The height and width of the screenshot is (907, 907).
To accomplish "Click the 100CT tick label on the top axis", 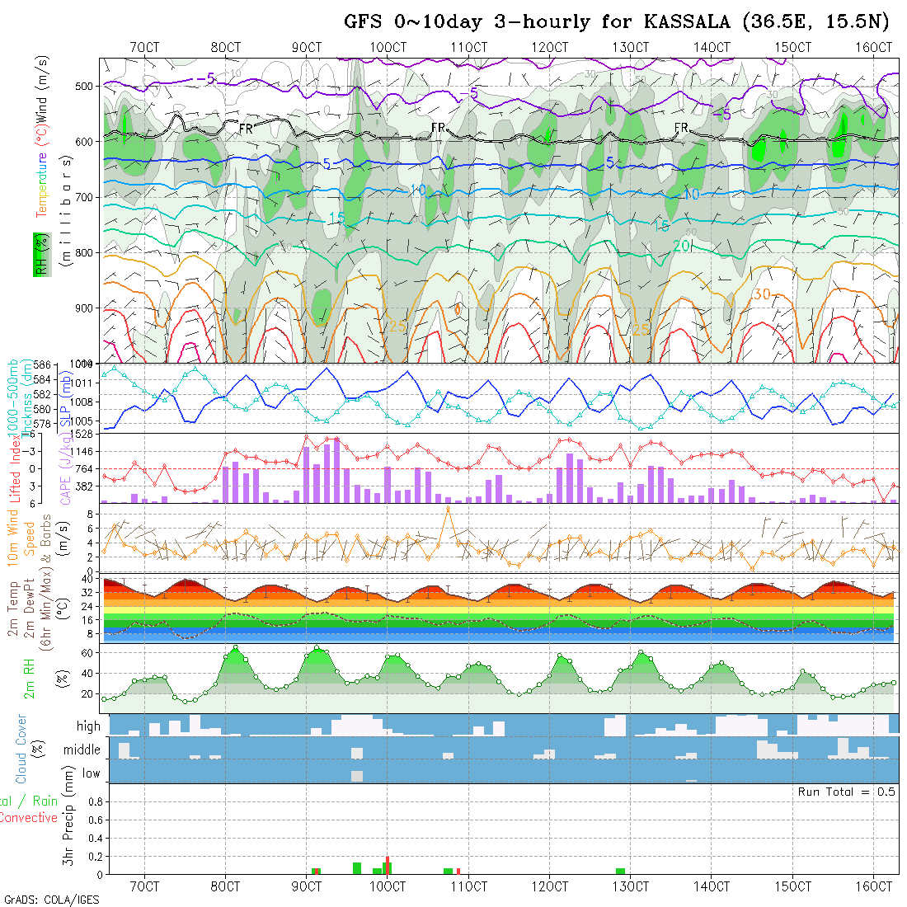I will click(x=388, y=47).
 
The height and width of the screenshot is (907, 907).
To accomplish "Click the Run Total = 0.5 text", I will click(x=846, y=792).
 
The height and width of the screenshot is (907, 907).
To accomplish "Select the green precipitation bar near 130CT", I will click(x=620, y=871).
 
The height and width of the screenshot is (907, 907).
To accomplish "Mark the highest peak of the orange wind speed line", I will click(x=448, y=508).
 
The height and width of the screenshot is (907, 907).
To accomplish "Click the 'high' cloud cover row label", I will click(x=88, y=726).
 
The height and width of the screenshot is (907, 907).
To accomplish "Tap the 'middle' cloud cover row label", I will click(x=82, y=750).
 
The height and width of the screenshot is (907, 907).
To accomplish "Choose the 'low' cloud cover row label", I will click(x=91, y=773).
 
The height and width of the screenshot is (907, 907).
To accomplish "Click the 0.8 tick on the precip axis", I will click(x=94, y=801).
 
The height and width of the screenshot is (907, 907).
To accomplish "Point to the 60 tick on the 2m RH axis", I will click(x=94, y=652).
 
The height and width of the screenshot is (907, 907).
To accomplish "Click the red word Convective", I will click(x=28, y=818).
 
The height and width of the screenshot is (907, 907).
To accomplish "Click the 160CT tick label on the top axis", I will click(x=874, y=47).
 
